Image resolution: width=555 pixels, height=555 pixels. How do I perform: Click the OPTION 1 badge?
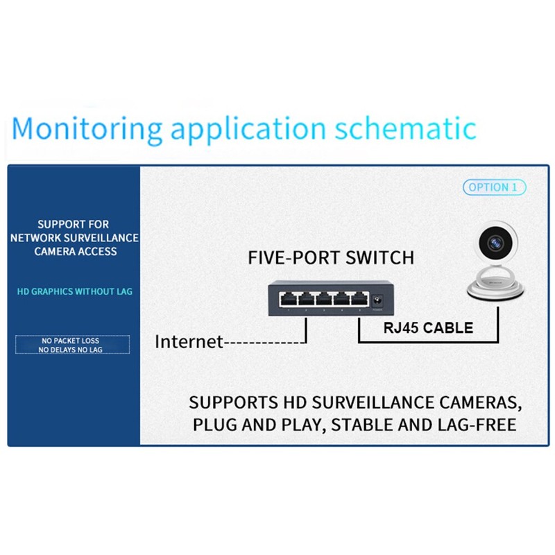point(494,187)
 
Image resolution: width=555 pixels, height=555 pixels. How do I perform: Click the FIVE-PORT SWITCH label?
point(331,258)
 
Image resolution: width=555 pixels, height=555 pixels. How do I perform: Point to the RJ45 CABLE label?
point(428,328)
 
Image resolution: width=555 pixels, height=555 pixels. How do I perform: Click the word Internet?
point(189,341)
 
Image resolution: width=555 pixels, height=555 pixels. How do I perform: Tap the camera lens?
point(496,243)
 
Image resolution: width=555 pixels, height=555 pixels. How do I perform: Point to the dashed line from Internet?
point(267,342)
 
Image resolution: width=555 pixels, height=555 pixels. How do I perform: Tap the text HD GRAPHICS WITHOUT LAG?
point(74,291)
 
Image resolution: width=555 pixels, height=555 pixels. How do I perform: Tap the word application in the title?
point(248,130)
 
